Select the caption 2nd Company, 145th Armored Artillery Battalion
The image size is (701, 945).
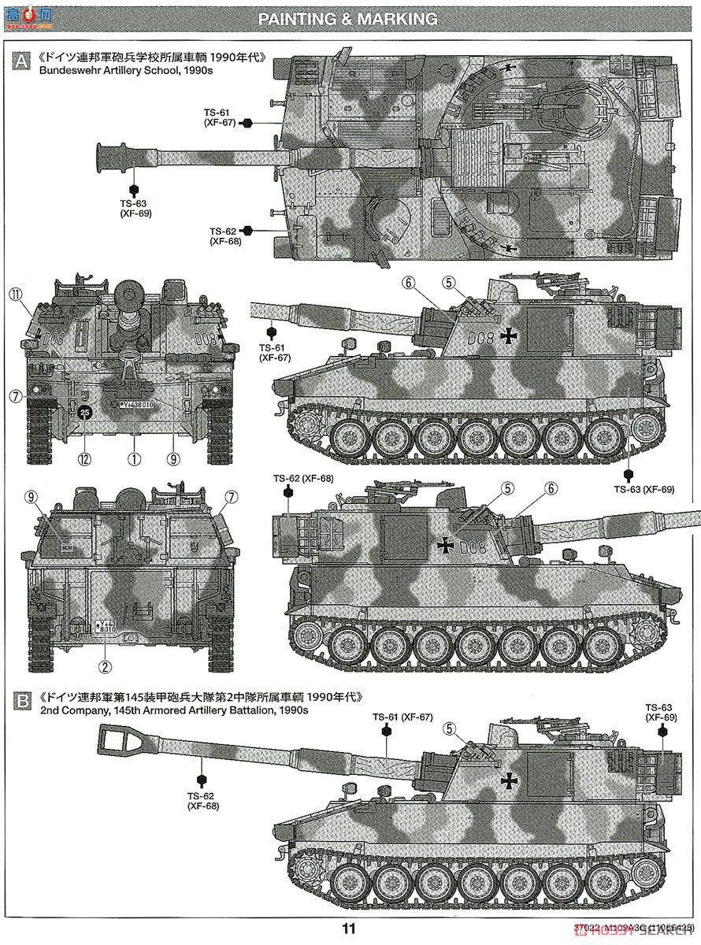pos(172,710)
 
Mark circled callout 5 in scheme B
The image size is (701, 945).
pos(450,728)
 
